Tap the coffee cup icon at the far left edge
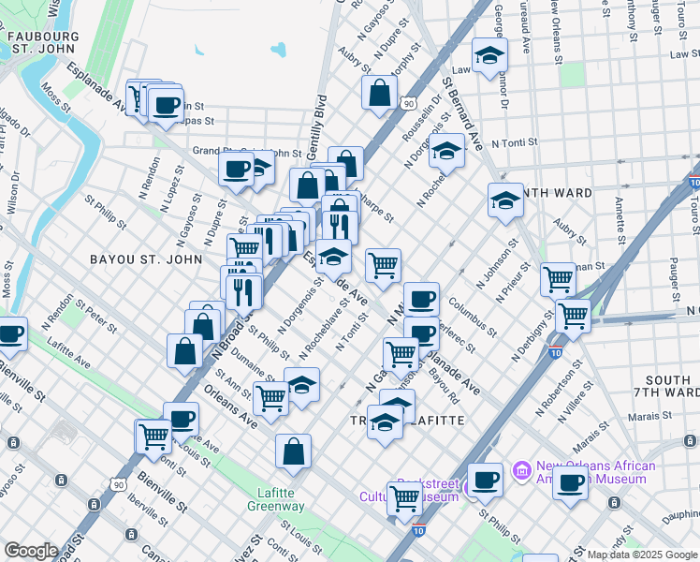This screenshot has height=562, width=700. pos(10,333)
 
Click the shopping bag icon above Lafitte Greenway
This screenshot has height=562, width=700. pos(293,451)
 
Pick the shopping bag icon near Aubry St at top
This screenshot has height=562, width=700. pos(379,92)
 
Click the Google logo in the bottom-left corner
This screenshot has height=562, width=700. pos(31,551)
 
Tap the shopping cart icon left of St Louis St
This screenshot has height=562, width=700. pos(153,436)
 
